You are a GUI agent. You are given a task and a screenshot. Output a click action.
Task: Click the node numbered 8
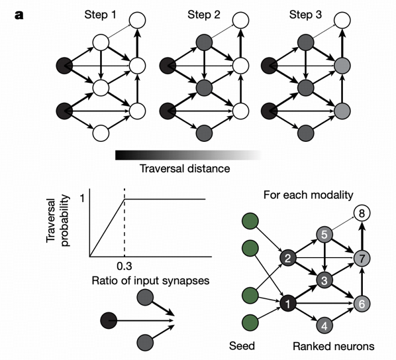click(x=362, y=213)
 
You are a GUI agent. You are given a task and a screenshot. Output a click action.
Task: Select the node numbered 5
click(x=324, y=234)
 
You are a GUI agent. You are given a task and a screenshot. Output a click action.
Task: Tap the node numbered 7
click(x=362, y=257)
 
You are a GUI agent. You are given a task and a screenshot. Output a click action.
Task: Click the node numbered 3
click(x=324, y=280)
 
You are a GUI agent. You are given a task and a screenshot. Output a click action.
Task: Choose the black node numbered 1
click(x=287, y=303)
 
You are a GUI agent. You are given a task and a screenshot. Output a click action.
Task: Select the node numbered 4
click(x=324, y=325)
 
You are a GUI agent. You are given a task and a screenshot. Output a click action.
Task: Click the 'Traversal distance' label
click(x=185, y=168)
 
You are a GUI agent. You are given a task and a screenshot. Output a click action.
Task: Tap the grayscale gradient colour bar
click(x=188, y=154)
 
